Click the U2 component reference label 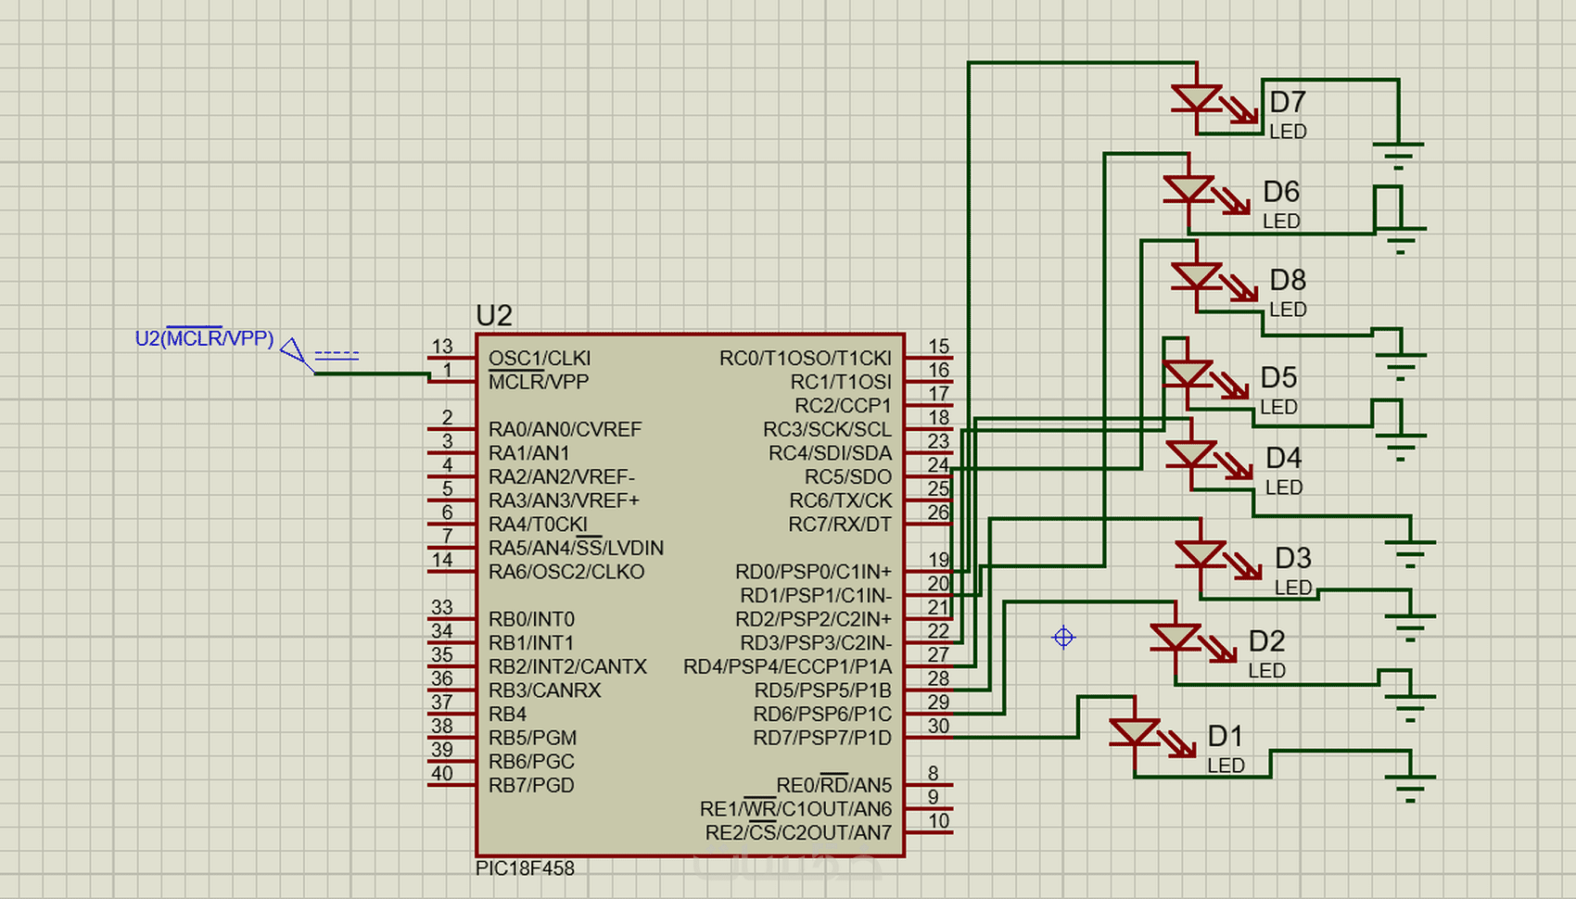[493, 315]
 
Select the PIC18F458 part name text [525, 868]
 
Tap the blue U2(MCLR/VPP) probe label [204, 338]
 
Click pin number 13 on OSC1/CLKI [442, 347]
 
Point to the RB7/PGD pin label [531, 785]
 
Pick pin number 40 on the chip [442, 774]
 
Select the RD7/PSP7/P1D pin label [821, 738]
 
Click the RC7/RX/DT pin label [839, 525]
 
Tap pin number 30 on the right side [938, 727]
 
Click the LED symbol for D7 [1197, 98]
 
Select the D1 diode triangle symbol [1135, 733]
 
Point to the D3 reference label [1292, 558]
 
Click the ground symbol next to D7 [1398, 154]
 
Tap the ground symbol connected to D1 [1410, 788]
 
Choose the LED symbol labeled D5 [1188, 374]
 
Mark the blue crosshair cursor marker [1063, 638]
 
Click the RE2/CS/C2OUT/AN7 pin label [797, 833]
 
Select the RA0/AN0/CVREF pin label [565, 429]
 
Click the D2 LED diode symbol [1175, 638]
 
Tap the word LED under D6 [1281, 222]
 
